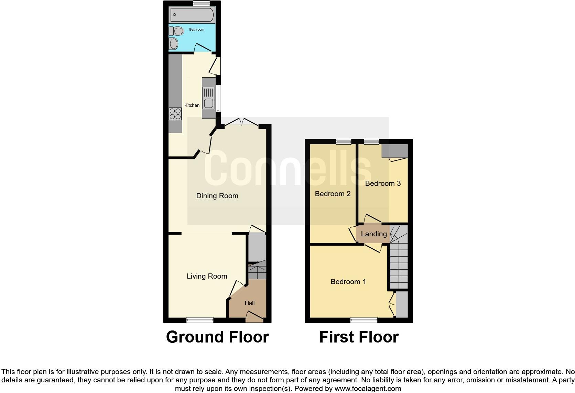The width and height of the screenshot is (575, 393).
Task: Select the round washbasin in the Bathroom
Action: pyautogui.click(x=174, y=44)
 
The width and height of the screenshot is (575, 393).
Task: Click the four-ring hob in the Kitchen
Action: pyautogui.click(x=175, y=114)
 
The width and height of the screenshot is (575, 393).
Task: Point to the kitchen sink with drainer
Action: pyautogui.click(x=208, y=98)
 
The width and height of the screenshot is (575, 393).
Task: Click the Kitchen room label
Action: pyautogui.click(x=192, y=105)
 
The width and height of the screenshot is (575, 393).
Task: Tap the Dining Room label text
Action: pyautogui.click(x=217, y=196)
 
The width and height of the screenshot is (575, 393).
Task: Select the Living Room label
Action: pyautogui.click(x=207, y=276)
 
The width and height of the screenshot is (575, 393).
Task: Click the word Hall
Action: pyautogui.click(x=250, y=303)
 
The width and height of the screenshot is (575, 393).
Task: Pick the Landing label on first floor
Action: pyautogui.click(x=374, y=234)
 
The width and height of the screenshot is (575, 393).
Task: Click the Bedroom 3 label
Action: pyautogui.click(x=383, y=183)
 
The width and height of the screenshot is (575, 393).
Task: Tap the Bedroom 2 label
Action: pyautogui.click(x=333, y=194)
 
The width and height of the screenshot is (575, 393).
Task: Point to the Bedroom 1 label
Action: pyautogui.click(x=348, y=282)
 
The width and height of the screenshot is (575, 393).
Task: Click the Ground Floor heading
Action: pyautogui.click(x=217, y=337)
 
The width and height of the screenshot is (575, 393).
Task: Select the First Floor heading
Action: pyautogui.click(x=359, y=337)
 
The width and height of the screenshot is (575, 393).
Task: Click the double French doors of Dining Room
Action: pyautogui.click(x=242, y=122)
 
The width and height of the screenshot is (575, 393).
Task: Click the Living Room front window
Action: pyautogui.click(x=200, y=320)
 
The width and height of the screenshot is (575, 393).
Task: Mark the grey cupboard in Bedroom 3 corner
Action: pyautogui.click(x=395, y=151)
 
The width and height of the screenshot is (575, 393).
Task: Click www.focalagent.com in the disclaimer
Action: pyautogui.click(x=367, y=389)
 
